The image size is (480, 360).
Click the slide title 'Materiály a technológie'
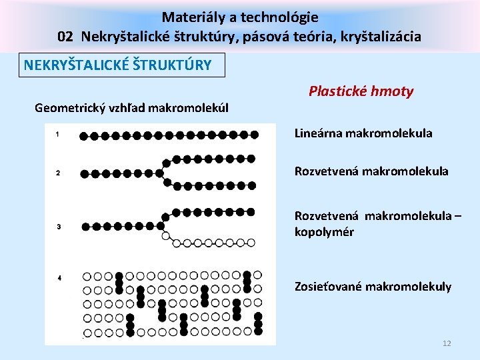(240, 17)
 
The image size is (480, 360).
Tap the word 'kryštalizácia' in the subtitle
(382, 36)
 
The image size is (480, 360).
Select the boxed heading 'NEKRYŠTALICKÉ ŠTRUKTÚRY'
(118, 65)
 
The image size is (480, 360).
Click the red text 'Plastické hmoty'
(361, 91)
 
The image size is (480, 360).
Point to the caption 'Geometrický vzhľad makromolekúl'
(131, 107)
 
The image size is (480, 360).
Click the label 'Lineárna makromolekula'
(363, 133)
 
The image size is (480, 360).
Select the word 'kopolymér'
(324, 232)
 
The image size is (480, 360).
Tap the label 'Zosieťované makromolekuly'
(373, 287)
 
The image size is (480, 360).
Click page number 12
(447, 343)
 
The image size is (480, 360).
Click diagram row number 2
(58, 173)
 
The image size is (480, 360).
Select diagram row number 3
(58, 227)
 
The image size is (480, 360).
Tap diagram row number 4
(59, 277)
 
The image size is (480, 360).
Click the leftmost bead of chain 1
(83, 135)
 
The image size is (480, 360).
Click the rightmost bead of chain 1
(254, 135)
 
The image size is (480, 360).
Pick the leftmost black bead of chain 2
(85, 173)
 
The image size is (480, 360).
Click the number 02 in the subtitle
(65, 36)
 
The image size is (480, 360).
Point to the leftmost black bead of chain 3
(85, 226)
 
